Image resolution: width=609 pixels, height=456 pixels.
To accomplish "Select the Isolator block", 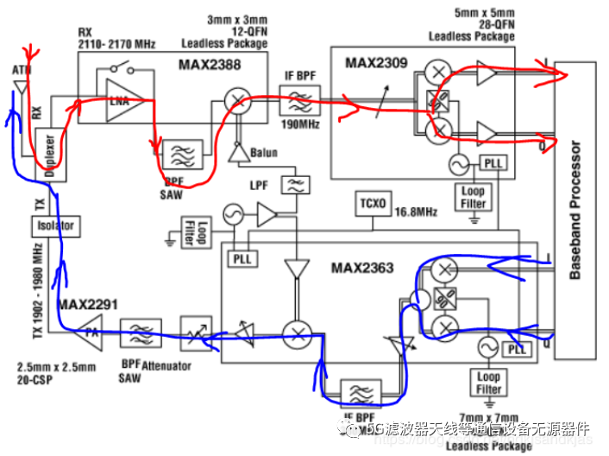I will pyautogui.click(x=55, y=226).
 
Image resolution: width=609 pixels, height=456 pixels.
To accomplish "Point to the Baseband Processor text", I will pyautogui.click(x=577, y=211).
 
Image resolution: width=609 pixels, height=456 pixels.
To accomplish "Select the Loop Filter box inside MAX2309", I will pyautogui.click(x=474, y=197).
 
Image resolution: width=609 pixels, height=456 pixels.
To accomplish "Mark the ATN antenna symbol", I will pyautogui.click(x=19, y=85).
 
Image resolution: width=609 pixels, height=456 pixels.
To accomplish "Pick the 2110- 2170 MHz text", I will pyautogui.click(x=116, y=44).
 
